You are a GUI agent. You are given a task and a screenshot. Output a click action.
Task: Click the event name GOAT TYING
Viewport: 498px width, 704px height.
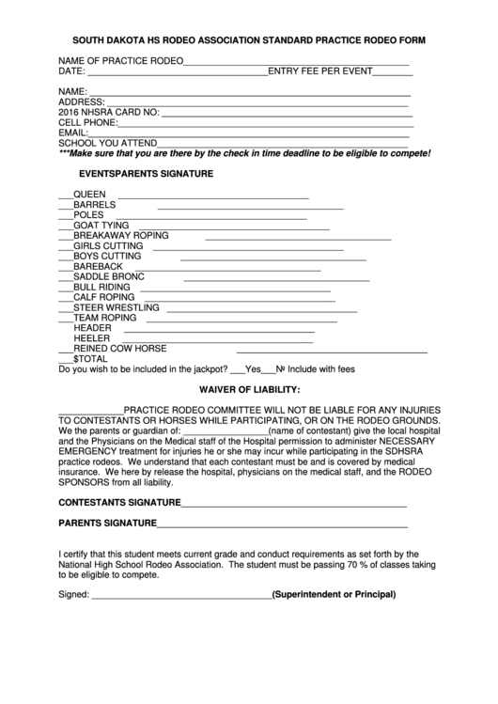[101, 226]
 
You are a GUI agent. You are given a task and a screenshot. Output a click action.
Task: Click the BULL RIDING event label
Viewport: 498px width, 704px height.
[102, 287]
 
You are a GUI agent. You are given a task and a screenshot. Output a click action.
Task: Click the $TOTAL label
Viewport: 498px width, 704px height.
[90, 358]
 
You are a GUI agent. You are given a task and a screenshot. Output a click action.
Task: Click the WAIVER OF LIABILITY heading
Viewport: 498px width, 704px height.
[249, 389]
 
